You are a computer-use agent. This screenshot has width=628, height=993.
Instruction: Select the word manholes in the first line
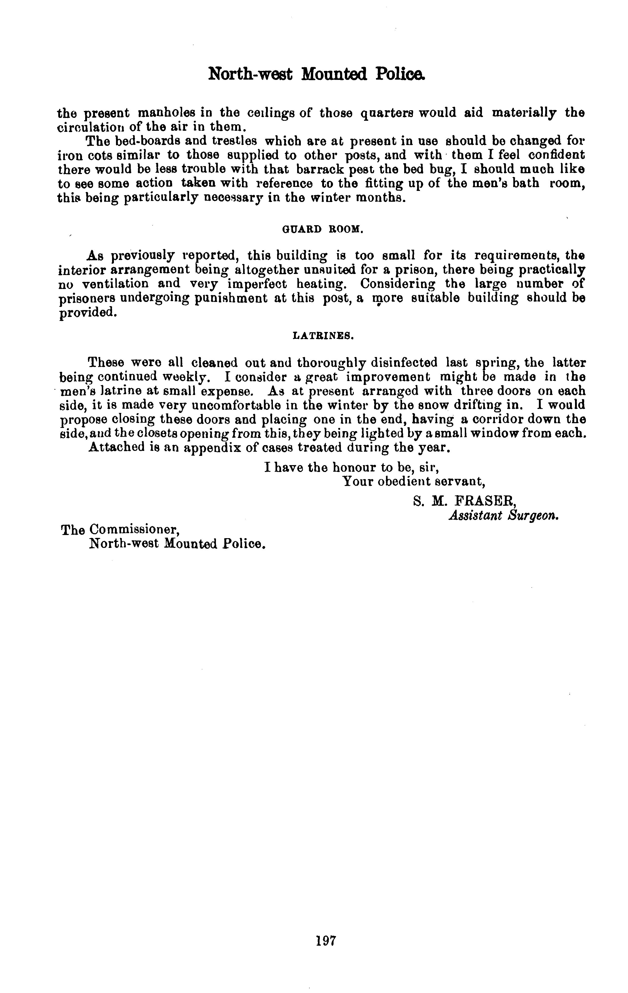click(x=166, y=113)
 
